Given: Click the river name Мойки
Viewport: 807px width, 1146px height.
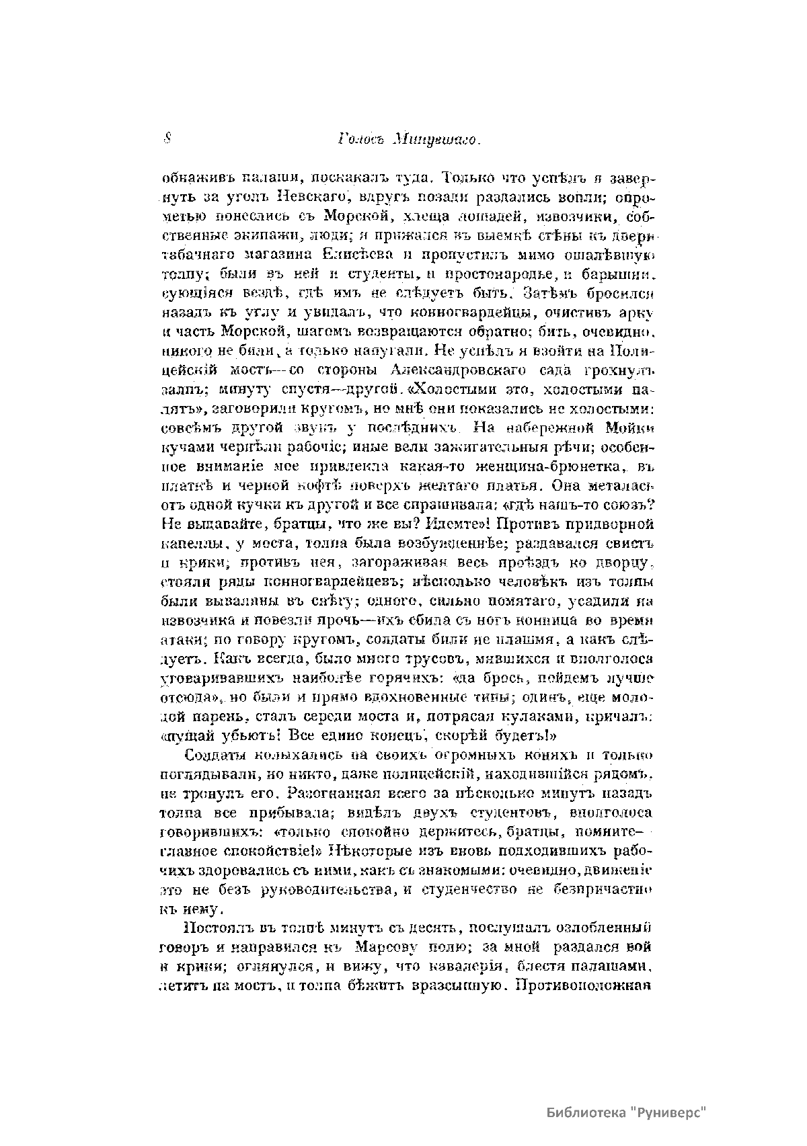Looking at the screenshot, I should [x=631, y=427].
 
